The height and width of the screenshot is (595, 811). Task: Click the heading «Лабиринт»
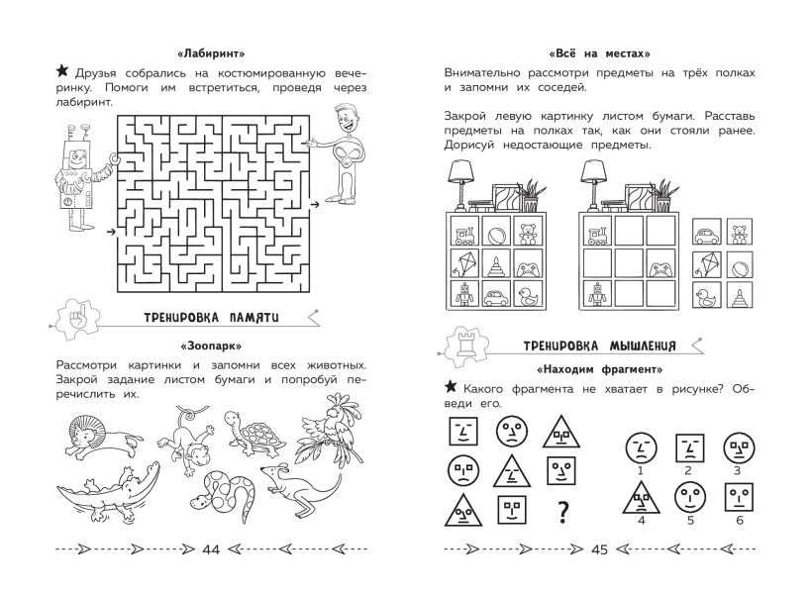pos(211,53)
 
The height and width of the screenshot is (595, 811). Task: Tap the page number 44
pos(211,549)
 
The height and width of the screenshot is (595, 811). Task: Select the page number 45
pos(599,549)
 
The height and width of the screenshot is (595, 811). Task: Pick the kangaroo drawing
pos(300,488)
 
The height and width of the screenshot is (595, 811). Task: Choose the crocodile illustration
pos(108,494)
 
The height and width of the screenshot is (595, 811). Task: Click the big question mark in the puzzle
pos(562,512)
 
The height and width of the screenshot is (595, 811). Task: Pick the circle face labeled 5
pos(690,497)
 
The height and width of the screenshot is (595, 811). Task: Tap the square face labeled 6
pos(739,497)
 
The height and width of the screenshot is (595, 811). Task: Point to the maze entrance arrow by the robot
pos(110,232)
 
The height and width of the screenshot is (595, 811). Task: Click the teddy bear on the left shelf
pos(528,233)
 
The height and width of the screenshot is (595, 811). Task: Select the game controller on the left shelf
pos(528,269)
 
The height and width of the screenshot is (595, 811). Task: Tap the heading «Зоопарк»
pos(211,346)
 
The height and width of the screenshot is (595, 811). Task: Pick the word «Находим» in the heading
pos(566,369)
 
